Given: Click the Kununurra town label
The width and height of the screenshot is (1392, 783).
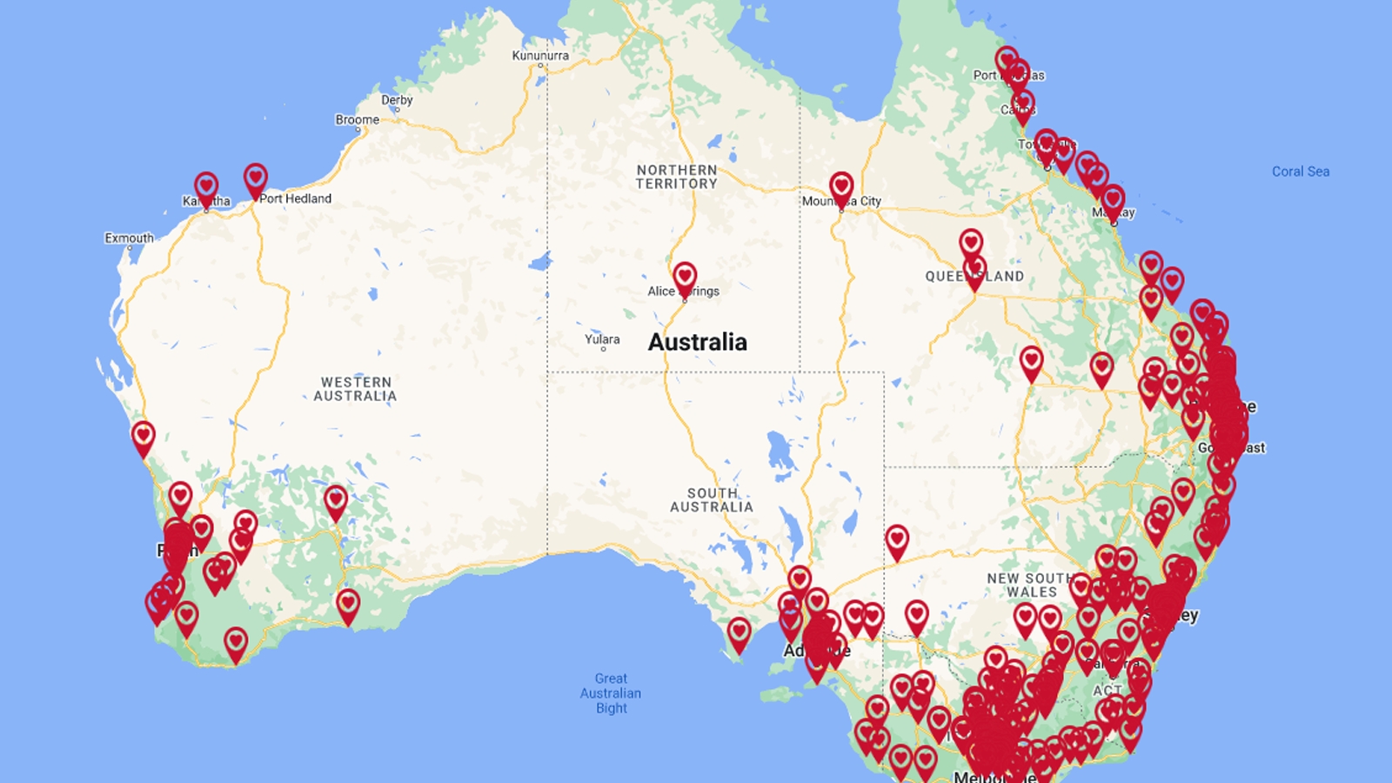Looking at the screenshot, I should click(x=540, y=56).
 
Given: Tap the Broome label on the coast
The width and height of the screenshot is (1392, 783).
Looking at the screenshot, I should click(x=357, y=120).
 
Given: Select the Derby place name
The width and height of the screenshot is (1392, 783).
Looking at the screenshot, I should click(x=397, y=100).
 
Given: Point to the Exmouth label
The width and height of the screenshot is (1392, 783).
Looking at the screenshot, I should click(x=129, y=238).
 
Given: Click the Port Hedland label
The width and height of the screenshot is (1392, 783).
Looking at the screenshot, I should click(x=296, y=198).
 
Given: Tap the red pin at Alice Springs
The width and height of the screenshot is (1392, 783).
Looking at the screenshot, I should click(x=685, y=277).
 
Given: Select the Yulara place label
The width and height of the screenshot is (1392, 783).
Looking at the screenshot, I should click(x=602, y=339).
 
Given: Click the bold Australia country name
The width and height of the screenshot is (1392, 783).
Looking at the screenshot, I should click(x=697, y=342).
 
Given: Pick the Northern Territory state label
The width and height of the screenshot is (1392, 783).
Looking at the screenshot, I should click(x=677, y=177).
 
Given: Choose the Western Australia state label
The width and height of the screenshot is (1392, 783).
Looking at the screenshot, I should click(x=355, y=389).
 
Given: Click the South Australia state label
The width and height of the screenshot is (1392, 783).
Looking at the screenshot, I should click(x=712, y=500).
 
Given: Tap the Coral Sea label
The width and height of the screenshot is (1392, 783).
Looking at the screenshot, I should click(x=1301, y=171).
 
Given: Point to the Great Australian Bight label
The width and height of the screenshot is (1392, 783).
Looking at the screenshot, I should click(x=611, y=693).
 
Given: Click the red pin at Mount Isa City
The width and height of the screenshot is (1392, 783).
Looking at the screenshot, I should click(x=841, y=186).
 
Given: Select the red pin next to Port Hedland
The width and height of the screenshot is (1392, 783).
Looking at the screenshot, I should click(x=255, y=178).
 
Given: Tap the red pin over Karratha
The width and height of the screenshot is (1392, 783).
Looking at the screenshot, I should click(x=206, y=187).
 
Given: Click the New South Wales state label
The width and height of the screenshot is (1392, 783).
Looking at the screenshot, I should click(x=1031, y=585).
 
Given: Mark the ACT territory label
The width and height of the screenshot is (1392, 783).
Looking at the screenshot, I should click(x=1108, y=690).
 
